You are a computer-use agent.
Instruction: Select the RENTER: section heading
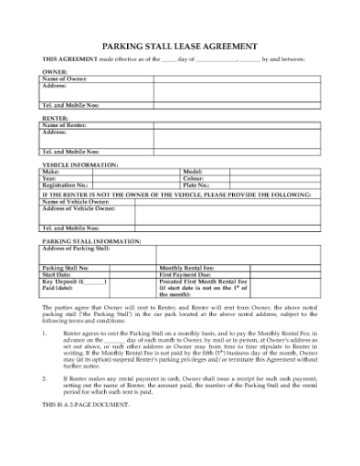coord(56,119)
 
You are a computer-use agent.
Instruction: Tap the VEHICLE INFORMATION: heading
coord(80,164)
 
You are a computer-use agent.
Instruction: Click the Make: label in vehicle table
coord(51,171)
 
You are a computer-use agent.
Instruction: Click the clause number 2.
coord(46,376)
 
